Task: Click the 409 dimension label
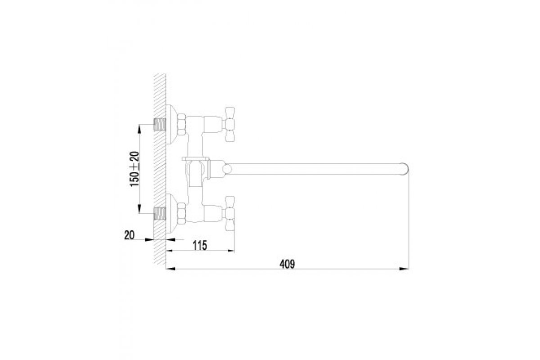click(287, 264)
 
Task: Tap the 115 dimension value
click(200, 245)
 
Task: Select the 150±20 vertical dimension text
click(135, 169)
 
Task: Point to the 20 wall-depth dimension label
click(129, 235)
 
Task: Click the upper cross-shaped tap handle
click(229, 124)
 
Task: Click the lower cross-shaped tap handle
click(229, 213)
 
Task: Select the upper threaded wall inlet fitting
click(160, 125)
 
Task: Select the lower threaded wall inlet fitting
click(160, 213)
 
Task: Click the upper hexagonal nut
click(181, 124)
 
